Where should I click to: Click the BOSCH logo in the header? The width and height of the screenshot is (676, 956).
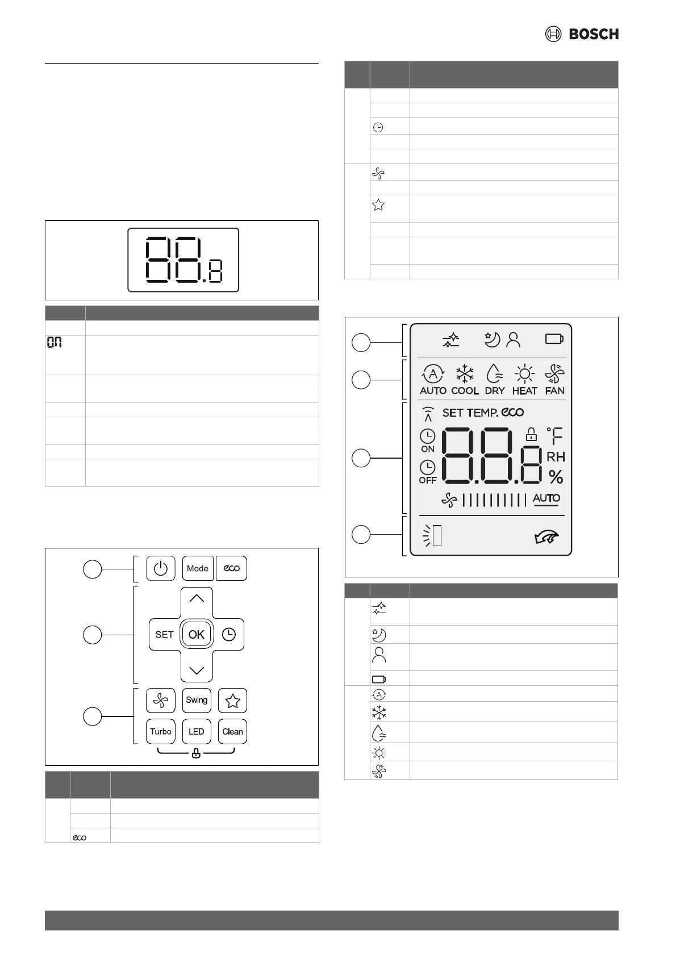point(582,34)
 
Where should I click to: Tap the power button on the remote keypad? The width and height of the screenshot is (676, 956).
point(160,568)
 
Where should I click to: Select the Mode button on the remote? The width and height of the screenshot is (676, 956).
point(198,568)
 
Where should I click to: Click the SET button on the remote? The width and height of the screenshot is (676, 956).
point(164,635)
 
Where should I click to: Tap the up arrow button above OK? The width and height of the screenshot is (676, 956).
point(197,599)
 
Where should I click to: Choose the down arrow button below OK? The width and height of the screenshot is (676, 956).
point(197,670)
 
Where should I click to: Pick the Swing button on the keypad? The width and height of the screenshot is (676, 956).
point(197,700)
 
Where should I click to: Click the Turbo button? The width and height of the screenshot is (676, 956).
point(160,731)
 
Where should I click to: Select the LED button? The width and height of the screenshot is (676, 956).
point(197,731)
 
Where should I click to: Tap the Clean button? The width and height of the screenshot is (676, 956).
point(232,731)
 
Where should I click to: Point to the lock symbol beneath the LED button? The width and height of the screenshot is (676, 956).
point(196,754)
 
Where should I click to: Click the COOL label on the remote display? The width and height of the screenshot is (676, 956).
point(465,391)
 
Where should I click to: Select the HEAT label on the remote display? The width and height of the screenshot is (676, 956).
point(524,391)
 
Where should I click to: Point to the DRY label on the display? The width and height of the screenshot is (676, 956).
point(495,391)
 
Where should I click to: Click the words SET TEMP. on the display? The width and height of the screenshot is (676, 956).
point(470,413)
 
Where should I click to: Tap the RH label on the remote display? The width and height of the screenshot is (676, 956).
point(556,457)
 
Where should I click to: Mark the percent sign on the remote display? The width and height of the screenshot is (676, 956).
point(556,477)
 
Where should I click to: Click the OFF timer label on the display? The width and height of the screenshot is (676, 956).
point(427,480)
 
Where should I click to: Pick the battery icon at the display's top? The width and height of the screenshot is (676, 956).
point(554,339)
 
